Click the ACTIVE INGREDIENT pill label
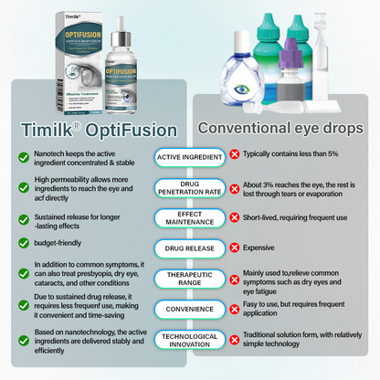[189, 156]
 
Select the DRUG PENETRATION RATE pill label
[189, 188]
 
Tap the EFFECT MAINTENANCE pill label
[189, 217]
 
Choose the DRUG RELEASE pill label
[189, 247]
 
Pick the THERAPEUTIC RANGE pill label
[189, 279]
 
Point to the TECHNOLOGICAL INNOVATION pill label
[189, 340]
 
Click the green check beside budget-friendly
[24, 244]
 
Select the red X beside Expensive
[235, 247]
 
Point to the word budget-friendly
[66, 244]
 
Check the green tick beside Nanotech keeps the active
[24, 156]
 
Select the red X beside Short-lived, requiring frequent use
[235, 217]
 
